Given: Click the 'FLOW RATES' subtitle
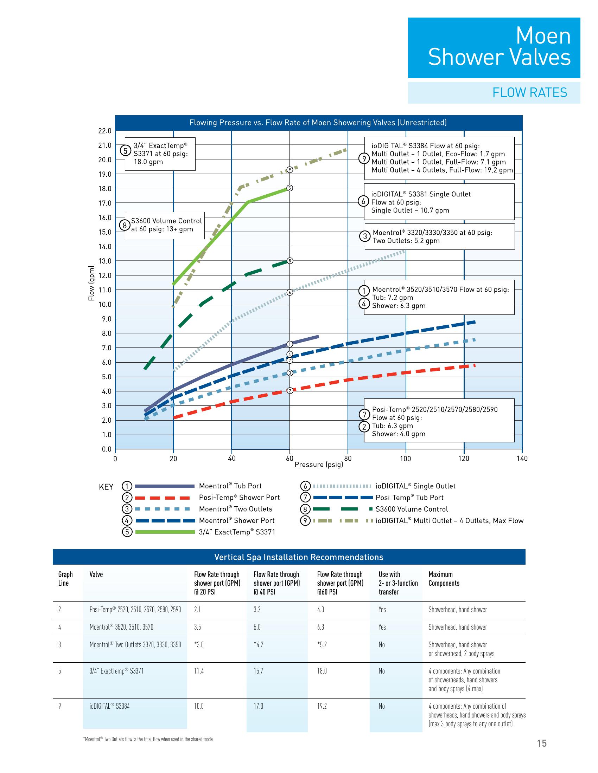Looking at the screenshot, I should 530,93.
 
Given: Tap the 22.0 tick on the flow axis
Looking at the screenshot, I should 104,131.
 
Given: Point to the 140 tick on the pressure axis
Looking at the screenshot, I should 522,459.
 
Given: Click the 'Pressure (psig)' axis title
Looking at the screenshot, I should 319,465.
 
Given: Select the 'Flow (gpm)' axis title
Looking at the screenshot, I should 91,283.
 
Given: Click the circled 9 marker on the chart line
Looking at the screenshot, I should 290,170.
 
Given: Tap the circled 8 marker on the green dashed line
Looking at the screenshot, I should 290,261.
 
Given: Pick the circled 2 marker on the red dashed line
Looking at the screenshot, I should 290,391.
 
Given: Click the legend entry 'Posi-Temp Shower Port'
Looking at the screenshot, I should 239,498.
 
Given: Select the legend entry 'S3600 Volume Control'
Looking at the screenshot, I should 412,509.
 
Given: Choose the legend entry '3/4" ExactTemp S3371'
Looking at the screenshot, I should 237,532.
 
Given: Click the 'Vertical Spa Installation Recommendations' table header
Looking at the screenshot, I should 299,557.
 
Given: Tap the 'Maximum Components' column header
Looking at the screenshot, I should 444,579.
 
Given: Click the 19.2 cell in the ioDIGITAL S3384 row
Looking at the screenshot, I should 322,706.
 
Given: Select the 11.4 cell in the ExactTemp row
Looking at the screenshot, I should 199,671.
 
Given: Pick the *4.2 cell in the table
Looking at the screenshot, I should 258,644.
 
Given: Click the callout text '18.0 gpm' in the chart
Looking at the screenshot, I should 148,162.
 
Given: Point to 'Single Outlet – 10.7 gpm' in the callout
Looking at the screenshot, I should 410,210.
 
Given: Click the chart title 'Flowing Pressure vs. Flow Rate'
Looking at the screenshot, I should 318,123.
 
